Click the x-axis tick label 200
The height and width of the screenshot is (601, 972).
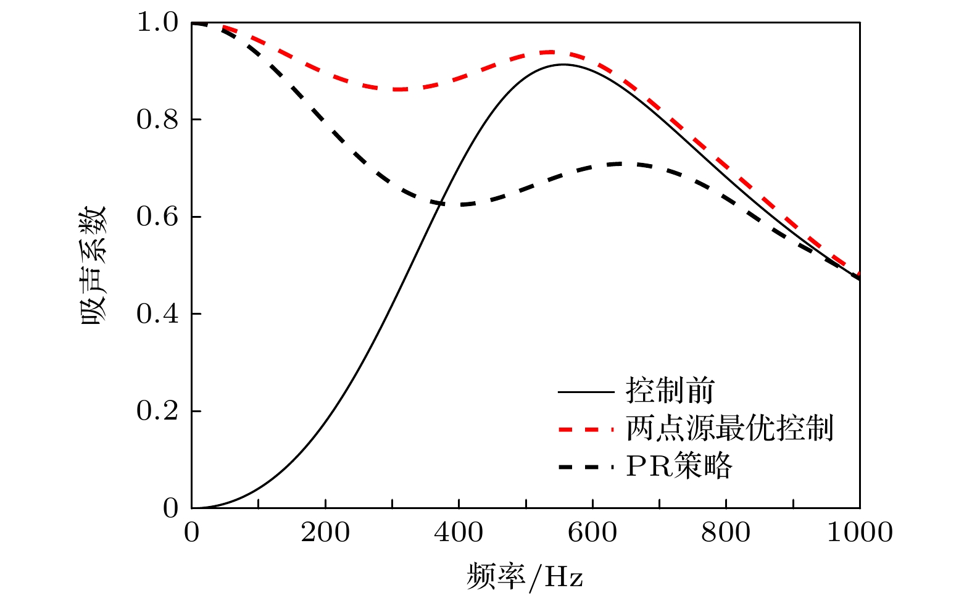[x=325, y=533]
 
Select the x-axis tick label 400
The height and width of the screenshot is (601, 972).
[x=459, y=533]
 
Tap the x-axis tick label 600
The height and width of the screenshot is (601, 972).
[x=592, y=533]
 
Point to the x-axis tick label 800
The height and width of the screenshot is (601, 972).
[x=726, y=533]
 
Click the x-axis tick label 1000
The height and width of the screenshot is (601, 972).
[x=860, y=533]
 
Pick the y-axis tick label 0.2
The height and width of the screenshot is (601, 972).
[x=157, y=411]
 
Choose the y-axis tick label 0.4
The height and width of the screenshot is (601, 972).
[x=157, y=313]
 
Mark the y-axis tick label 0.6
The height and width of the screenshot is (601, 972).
[x=157, y=217]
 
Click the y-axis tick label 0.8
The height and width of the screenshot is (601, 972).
[x=157, y=119]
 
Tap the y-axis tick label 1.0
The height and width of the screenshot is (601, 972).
[x=157, y=23]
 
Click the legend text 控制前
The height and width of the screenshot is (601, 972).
[x=670, y=391]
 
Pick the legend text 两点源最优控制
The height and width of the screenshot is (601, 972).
[x=729, y=428]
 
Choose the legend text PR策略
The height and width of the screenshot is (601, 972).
[x=679, y=466]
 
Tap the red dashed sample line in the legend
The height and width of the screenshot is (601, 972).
[x=586, y=429]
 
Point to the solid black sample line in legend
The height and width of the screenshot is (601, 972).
[x=586, y=392]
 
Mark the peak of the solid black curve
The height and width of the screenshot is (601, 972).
[x=563, y=64]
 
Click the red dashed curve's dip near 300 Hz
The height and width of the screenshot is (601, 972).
[x=399, y=89]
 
